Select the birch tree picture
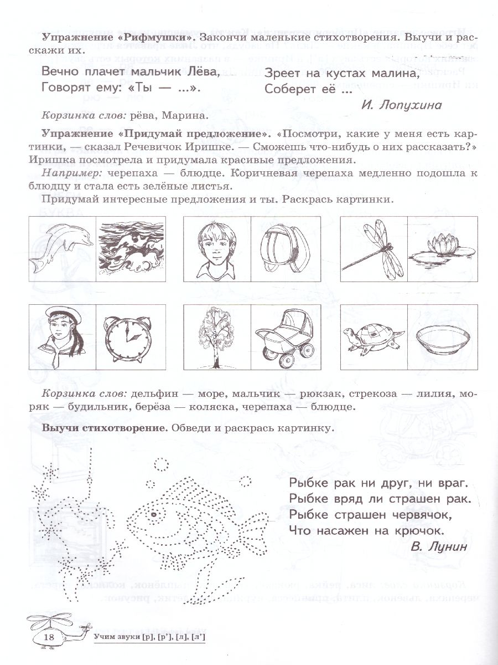[216, 337]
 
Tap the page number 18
[49, 638]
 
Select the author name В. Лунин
[439, 546]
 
